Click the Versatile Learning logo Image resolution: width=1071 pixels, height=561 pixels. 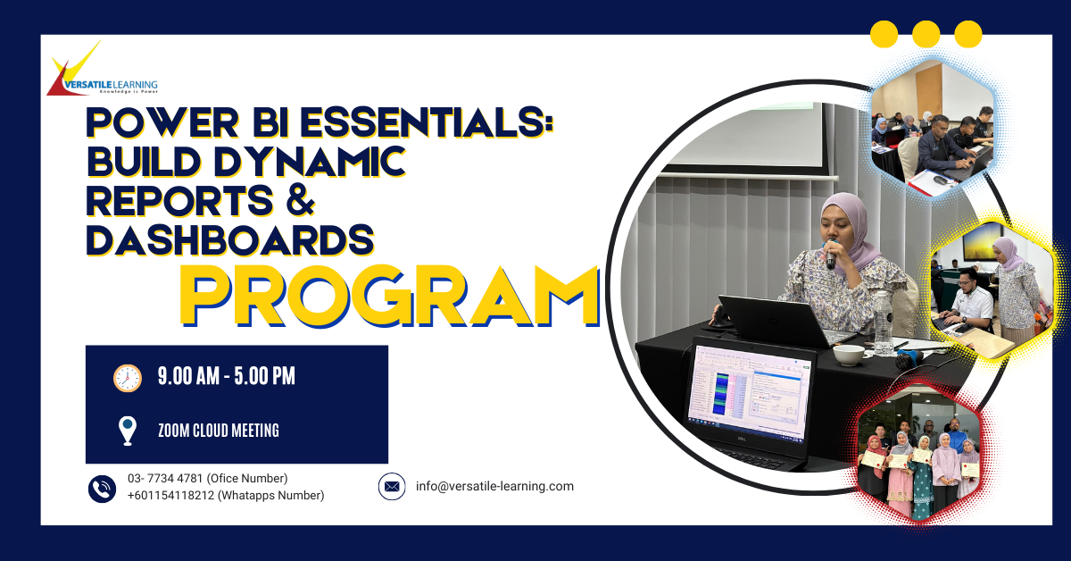(103, 69)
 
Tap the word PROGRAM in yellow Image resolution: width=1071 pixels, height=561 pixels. (389, 297)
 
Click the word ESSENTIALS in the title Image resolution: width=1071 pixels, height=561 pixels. (427, 123)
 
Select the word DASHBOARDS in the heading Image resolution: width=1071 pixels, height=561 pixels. (230, 239)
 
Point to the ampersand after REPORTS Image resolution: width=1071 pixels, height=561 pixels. (301, 200)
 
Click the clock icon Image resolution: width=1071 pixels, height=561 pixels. (127, 378)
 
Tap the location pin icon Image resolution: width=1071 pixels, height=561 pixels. (127, 431)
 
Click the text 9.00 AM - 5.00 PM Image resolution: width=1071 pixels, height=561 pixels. (227, 376)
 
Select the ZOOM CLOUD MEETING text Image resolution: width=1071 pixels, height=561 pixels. (219, 431)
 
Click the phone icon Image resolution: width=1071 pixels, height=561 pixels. (102, 489)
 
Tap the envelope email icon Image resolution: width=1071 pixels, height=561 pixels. (392, 486)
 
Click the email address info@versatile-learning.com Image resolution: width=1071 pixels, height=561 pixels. (494, 486)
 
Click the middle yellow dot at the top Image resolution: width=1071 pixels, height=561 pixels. (926, 34)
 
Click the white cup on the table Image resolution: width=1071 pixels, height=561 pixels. (849, 355)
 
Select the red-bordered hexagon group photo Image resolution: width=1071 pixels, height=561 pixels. (919, 456)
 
